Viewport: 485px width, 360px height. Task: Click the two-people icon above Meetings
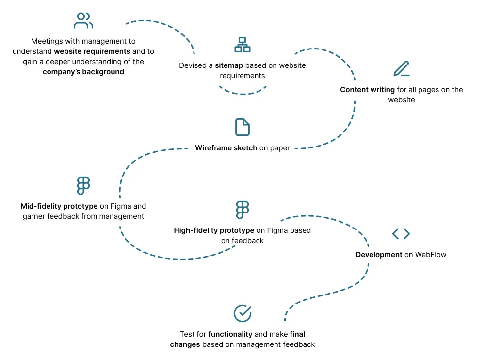[x=83, y=20]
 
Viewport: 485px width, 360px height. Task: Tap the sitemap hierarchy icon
[x=242, y=44]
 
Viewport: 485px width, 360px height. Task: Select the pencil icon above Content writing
[x=401, y=69]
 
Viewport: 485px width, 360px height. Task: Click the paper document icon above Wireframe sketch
[x=242, y=127]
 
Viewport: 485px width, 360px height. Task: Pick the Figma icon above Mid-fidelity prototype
[x=83, y=186]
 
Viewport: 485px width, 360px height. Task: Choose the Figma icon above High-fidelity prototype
[x=242, y=210]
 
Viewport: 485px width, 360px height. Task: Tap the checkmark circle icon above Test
[x=242, y=313]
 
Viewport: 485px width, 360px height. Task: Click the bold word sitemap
[x=229, y=65]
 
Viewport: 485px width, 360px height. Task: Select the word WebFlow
[x=431, y=255]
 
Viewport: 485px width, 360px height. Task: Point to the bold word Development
[x=379, y=255]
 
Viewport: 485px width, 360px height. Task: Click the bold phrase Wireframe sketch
[x=226, y=148]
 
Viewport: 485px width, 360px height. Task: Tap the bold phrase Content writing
[x=367, y=90]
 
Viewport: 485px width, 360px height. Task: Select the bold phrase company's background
[x=83, y=72]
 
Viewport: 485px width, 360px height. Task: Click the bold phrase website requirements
[x=92, y=51]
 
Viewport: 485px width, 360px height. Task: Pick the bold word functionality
[x=230, y=334]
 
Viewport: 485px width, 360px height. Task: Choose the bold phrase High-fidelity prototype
[x=214, y=230]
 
